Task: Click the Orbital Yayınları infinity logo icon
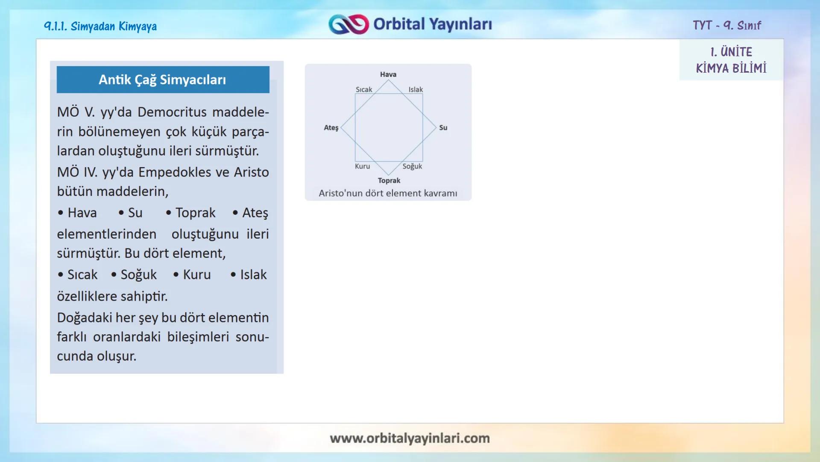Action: click(348, 24)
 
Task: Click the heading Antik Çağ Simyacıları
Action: click(162, 80)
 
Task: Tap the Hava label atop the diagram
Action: click(388, 74)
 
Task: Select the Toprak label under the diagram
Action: click(389, 181)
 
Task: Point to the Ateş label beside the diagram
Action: click(331, 127)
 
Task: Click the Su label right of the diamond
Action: click(443, 127)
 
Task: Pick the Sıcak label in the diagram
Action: click(364, 89)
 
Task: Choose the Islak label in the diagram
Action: click(415, 89)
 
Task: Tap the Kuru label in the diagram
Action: click(362, 166)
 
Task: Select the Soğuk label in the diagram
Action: click(412, 166)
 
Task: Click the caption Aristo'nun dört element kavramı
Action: click(388, 193)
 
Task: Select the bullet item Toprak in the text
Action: click(195, 213)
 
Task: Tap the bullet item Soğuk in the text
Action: click(138, 275)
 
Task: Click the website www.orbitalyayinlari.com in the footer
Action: click(410, 438)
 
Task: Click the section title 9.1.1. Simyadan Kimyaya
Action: click(100, 27)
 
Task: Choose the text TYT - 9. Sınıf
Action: click(726, 25)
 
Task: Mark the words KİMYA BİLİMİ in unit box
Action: click(731, 68)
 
